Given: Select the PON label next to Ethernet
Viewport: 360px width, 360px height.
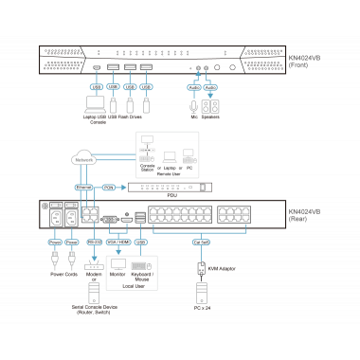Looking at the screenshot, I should pyautogui.click(x=109, y=188).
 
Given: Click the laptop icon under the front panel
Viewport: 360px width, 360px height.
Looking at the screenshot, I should pyautogui.click(x=96, y=101).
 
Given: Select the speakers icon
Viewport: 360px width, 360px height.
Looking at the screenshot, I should pyautogui.click(x=209, y=106).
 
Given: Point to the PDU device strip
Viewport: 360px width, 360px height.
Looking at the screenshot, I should pyautogui.click(x=171, y=188).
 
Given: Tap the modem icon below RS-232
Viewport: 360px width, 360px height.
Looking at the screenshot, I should pyautogui.click(x=92, y=262).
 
